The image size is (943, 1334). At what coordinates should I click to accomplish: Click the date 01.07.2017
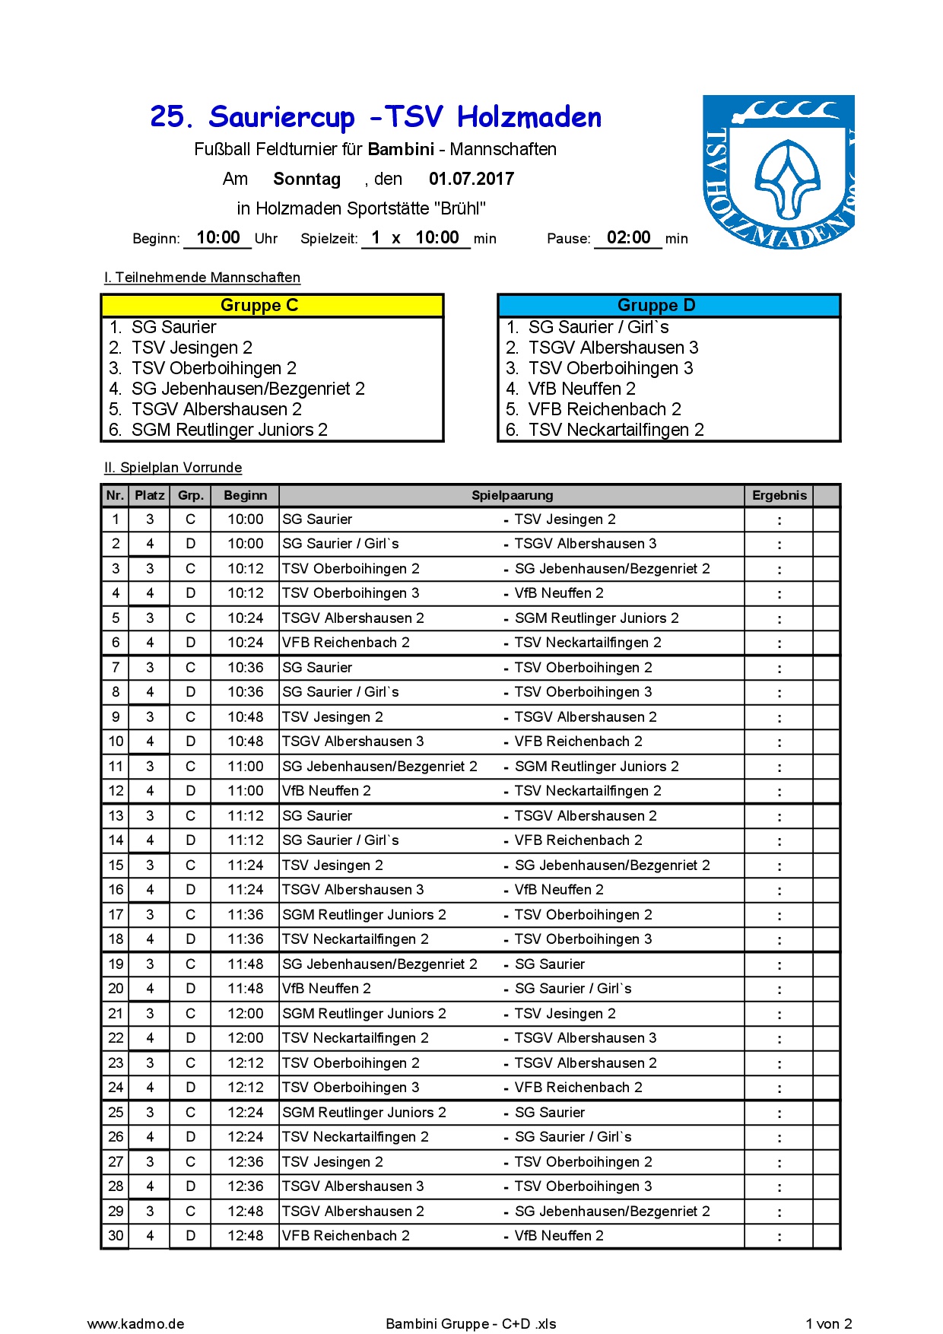[471, 179]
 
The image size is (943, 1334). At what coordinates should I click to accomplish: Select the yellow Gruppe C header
[271, 306]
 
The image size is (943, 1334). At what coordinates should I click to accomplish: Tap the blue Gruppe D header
[668, 306]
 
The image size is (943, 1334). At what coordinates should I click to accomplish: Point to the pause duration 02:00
[628, 237]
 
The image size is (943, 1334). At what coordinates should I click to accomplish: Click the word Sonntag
[306, 179]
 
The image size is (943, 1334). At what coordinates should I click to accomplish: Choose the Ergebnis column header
[779, 496]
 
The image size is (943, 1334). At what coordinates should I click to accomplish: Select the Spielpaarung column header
[512, 496]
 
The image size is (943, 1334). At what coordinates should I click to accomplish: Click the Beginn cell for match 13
[245, 816]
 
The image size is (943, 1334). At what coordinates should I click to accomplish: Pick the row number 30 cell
[116, 1236]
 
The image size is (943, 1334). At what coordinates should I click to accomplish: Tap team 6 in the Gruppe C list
[229, 430]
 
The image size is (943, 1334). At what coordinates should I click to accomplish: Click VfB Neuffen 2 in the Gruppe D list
[582, 389]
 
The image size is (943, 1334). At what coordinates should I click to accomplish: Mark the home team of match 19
[379, 964]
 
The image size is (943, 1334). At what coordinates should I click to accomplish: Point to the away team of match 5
[597, 618]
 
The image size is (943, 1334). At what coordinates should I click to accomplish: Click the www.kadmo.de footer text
[135, 1324]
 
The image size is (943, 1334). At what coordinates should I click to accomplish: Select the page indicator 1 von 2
[828, 1324]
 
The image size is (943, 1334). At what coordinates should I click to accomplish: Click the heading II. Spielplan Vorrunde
[173, 468]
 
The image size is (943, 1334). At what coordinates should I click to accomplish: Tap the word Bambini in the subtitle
[401, 150]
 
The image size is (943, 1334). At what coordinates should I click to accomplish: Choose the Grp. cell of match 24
[190, 1088]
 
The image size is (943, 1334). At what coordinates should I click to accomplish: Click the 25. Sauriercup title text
[252, 118]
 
